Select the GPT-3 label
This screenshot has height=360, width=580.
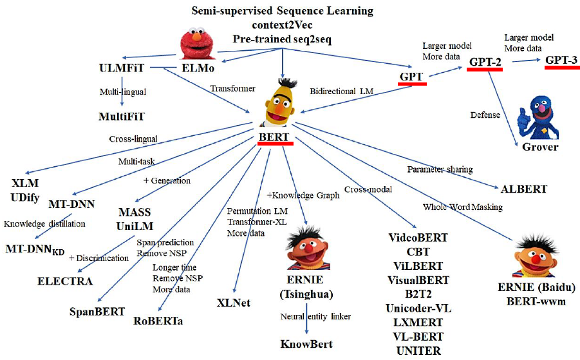pos(561,60)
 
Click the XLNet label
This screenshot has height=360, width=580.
pos(234,303)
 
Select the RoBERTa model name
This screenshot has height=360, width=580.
pos(158,320)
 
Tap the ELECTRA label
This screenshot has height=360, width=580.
pos(65,281)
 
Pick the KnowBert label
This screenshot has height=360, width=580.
pos(306,344)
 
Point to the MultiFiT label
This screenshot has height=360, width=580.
pos(122,117)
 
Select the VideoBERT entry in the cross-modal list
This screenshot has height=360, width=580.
pos(418,238)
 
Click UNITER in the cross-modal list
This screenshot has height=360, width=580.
pos(418,351)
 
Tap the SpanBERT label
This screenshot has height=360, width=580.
pos(97,312)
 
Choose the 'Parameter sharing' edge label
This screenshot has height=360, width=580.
pos(440,169)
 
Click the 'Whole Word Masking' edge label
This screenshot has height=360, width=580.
pos(462,207)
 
